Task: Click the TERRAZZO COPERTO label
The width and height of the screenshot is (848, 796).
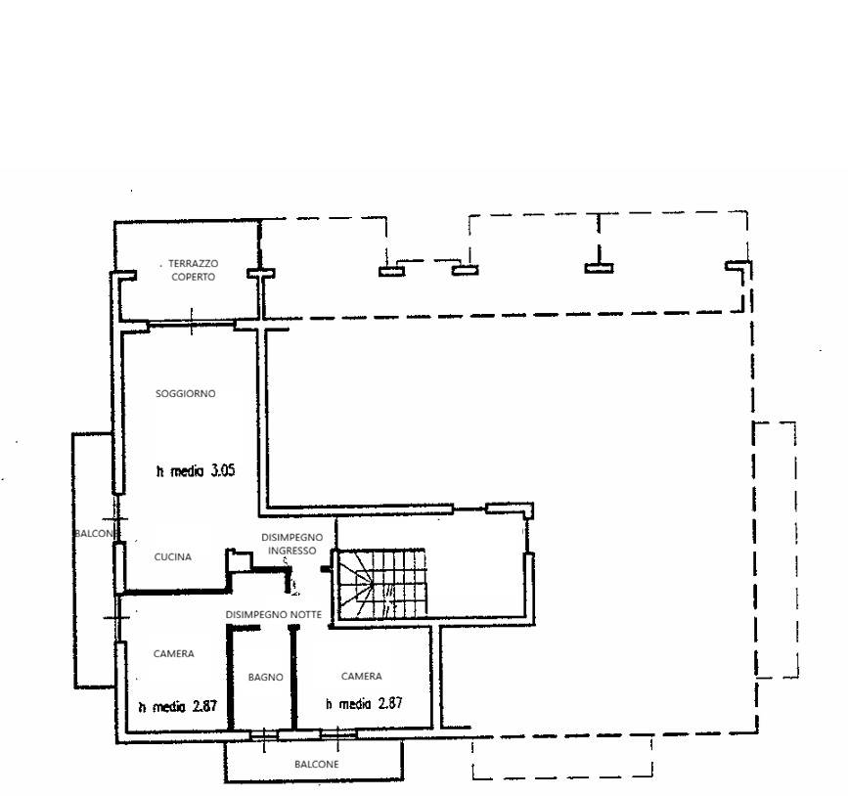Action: [x=193, y=270]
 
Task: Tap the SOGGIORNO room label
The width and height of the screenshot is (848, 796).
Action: [x=186, y=394]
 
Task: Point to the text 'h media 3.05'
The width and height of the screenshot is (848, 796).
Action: [x=196, y=470]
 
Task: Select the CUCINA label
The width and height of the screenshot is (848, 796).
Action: [x=172, y=557]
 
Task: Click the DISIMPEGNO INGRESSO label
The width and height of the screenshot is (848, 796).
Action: [x=292, y=544]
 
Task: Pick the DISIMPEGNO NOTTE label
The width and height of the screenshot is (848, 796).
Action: [x=274, y=615]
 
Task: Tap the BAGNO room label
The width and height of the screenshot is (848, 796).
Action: [x=265, y=677]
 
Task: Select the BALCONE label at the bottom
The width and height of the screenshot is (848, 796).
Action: [x=317, y=764]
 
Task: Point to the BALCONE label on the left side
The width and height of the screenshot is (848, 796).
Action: [x=95, y=534]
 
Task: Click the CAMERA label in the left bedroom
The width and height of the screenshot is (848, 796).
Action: [x=173, y=654]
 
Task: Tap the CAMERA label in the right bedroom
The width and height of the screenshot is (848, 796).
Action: [x=361, y=677]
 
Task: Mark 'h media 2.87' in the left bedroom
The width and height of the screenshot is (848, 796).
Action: [x=178, y=706]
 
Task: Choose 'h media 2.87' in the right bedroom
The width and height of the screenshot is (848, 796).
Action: [x=364, y=703]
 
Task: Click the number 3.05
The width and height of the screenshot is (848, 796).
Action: [x=223, y=470]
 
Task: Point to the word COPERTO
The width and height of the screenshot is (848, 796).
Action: [x=193, y=277]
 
